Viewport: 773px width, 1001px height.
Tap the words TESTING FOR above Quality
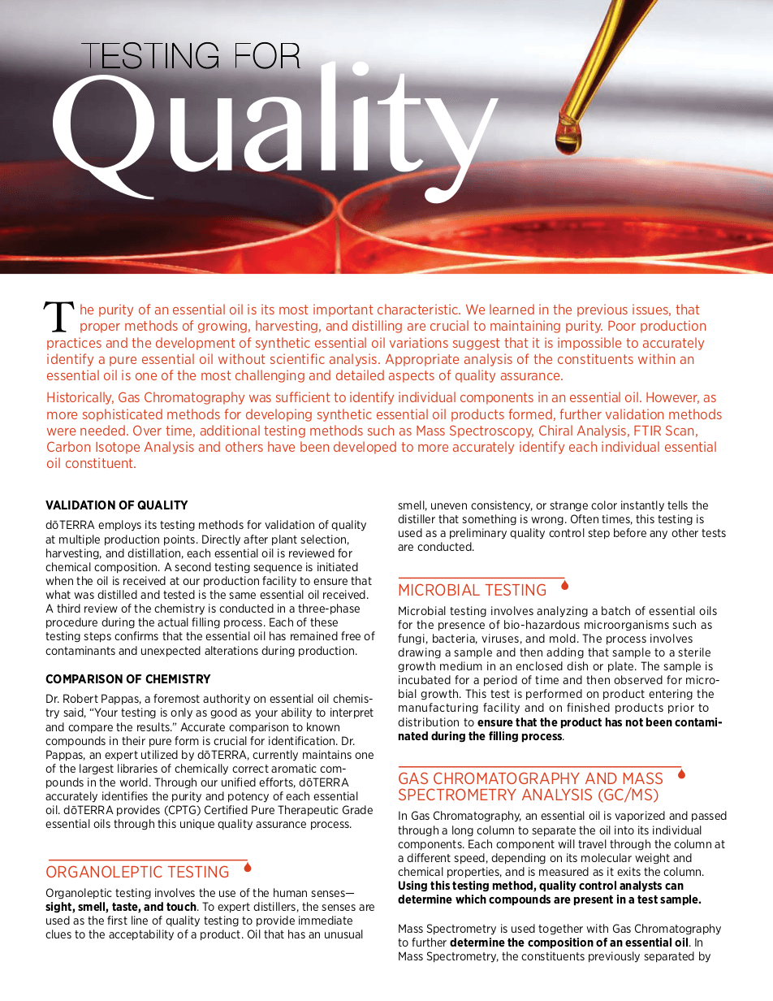[x=192, y=56]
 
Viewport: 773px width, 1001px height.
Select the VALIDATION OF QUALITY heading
[x=117, y=505]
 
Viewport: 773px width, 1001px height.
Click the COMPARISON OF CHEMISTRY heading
[x=128, y=679]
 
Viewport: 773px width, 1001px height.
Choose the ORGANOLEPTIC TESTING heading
[x=137, y=872]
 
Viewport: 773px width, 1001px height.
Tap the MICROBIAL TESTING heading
[x=472, y=591]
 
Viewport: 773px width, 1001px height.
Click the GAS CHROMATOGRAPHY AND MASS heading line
[x=530, y=778]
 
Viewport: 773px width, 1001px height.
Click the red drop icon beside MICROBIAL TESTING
[x=564, y=585]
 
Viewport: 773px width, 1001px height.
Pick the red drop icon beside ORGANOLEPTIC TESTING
[x=248, y=867]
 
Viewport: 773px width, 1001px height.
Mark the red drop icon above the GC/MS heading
[x=681, y=773]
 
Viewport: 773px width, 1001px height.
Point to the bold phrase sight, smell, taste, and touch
[x=120, y=907]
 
